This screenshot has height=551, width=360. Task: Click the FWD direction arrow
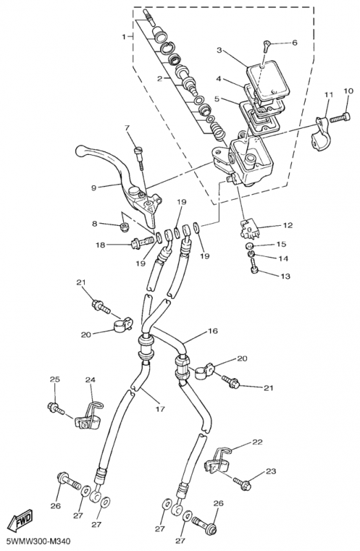(x=20, y=519)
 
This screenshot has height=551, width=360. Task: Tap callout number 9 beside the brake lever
(x=94, y=187)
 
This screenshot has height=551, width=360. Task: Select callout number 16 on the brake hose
(x=213, y=331)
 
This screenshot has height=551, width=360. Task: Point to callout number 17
(x=160, y=409)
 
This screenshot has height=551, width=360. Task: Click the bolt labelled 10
(x=340, y=118)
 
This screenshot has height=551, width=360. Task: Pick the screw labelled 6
(x=266, y=45)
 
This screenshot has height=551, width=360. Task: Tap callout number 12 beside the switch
(x=288, y=225)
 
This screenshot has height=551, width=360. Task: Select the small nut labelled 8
(x=124, y=227)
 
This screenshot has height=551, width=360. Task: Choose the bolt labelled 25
(x=56, y=408)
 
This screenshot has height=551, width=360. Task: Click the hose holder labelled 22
(x=217, y=459)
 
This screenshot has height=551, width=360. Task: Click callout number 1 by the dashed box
(x=124, y=37)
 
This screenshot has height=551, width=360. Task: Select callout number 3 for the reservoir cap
(x=219, y=50)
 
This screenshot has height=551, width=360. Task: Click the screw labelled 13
(x=253, y=264)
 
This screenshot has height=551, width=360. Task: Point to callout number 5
(x=217, y=98)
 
